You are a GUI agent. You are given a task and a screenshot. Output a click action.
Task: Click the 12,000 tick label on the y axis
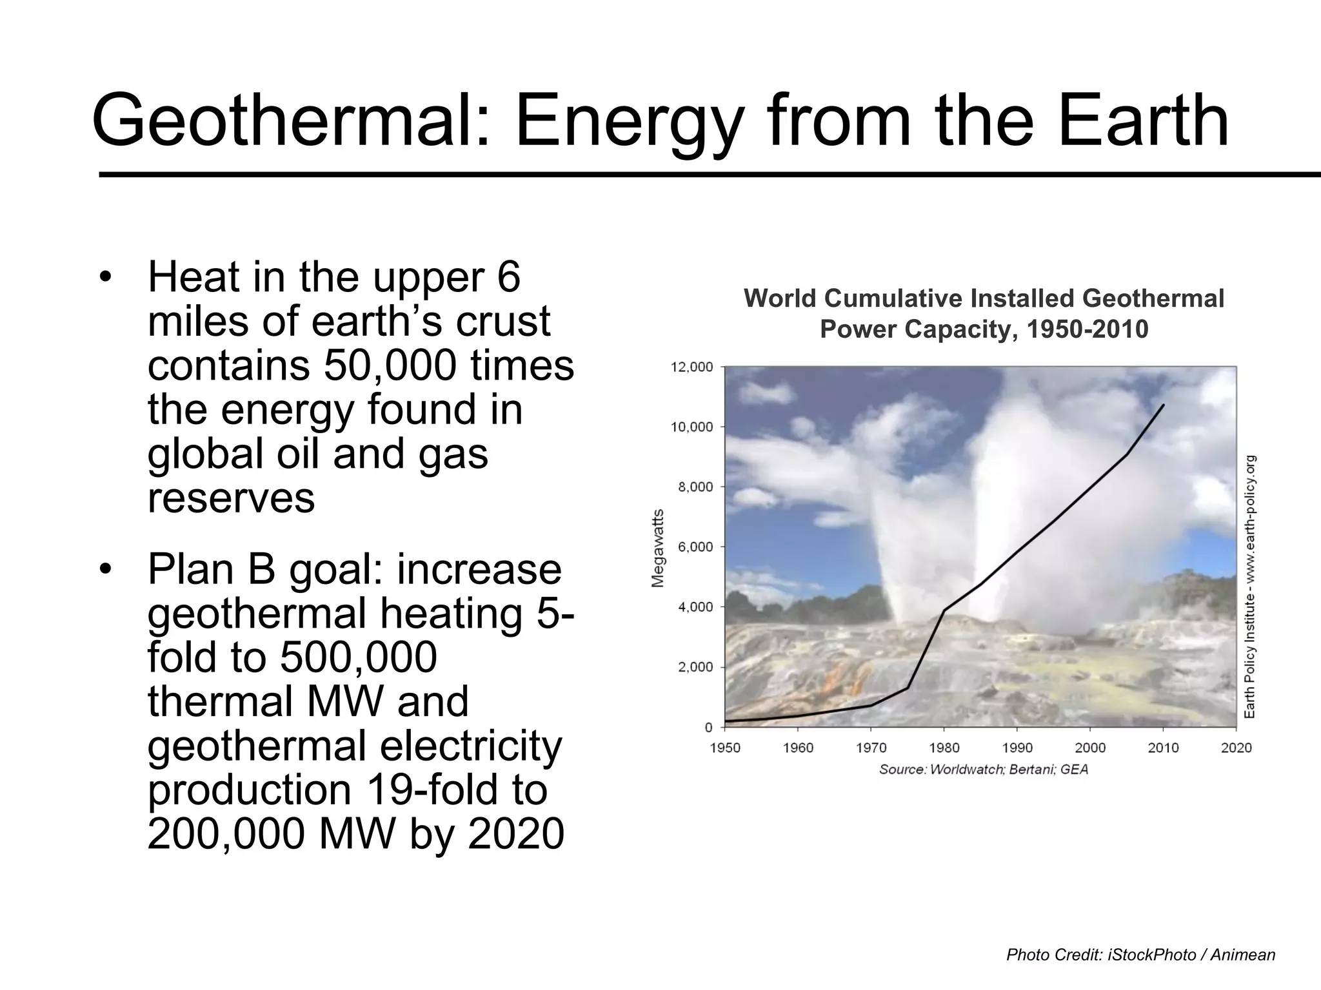(692, 367)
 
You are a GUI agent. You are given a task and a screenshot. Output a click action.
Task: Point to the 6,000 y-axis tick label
(695, 547)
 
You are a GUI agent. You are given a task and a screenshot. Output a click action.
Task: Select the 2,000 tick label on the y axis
(695, 667)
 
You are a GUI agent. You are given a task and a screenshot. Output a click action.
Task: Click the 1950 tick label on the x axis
(725, 748)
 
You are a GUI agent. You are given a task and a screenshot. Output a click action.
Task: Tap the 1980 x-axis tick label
(944, 748)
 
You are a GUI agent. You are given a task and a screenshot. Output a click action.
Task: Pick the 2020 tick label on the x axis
(1236, 748)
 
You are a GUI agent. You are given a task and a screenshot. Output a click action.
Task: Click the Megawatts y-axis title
(657, 548)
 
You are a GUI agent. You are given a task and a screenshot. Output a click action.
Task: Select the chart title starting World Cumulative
(984, 314)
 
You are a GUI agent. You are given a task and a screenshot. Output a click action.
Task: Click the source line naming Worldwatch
(983, 770)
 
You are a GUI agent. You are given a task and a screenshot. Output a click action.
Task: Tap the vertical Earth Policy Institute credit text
(1249, 587)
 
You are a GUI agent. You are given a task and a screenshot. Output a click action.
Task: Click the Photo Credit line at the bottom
(1140, 955)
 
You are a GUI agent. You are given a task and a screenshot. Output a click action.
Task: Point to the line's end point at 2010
(1163, 405)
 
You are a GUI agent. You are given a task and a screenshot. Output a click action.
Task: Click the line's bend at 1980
(944, 610)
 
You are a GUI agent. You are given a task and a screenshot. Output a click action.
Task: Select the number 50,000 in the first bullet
(391, 365)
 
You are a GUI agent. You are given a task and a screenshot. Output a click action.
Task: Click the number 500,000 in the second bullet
(359, 657)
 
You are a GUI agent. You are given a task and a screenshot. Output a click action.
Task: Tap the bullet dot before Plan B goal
(106, 570)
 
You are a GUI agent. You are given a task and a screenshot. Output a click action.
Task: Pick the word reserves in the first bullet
(231, 498)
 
